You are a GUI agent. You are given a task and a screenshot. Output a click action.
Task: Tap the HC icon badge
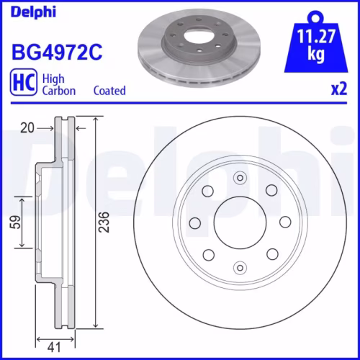coord(24,83)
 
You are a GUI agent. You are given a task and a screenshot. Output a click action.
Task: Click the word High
coord(54,77)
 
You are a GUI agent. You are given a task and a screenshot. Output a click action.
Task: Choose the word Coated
coord(109,91)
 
